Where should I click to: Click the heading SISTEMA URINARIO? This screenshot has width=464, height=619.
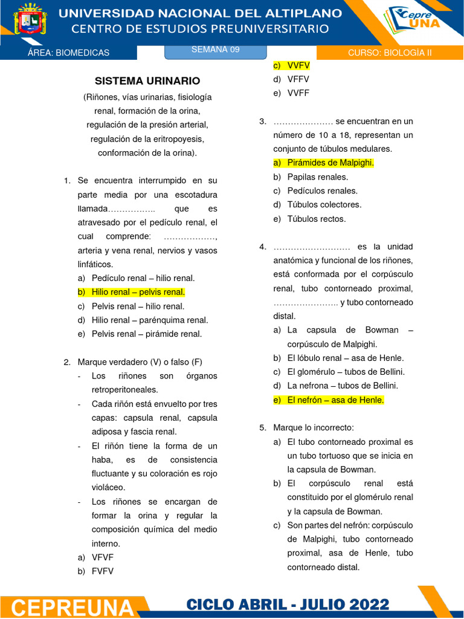tap(147, 81)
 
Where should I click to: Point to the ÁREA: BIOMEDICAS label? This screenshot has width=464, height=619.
tap(69, 53)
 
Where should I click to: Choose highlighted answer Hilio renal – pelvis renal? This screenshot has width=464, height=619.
tap(138, 292)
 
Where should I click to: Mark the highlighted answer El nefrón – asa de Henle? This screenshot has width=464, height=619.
tap(335, 400)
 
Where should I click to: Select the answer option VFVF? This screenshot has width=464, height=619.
tap(103, 557)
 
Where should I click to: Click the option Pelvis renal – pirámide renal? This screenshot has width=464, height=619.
tap(147, 334)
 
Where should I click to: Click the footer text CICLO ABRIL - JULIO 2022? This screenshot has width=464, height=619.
tap(288, 604)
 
